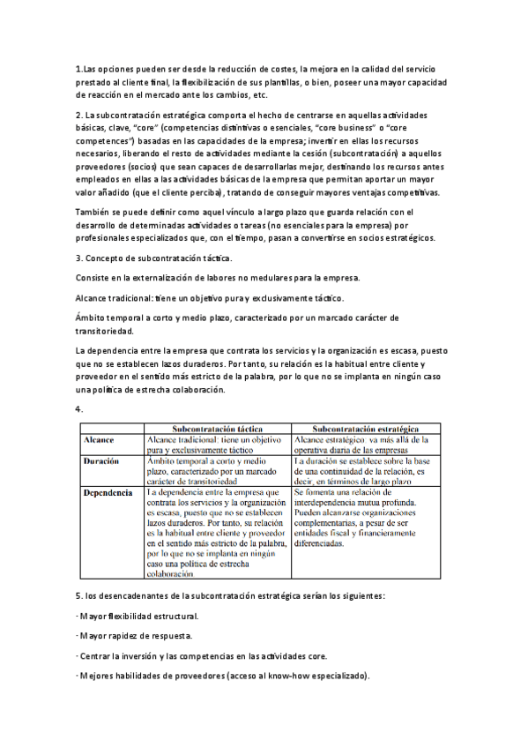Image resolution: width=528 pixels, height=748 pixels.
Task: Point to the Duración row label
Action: (x=102, y=461)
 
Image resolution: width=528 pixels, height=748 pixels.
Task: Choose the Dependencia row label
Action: (x=108, y=494)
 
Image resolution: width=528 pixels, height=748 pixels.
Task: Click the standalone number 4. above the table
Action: (x=80, y=409)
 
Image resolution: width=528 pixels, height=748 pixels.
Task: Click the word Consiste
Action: (x=94, y=277)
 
